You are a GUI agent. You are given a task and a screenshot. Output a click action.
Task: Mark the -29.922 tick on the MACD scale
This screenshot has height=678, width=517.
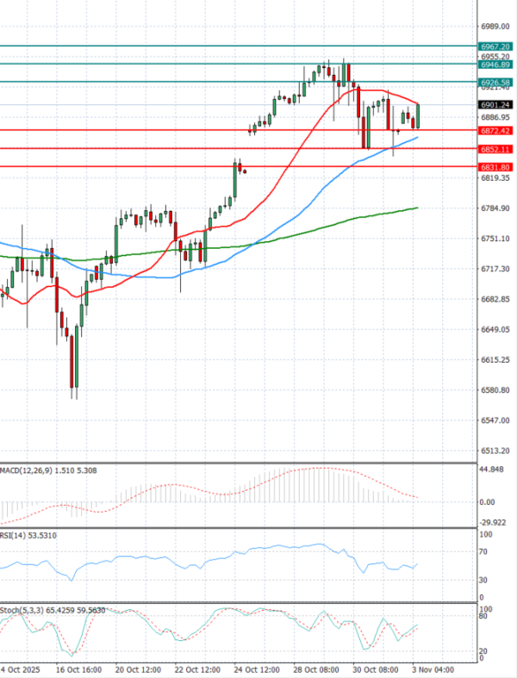[494, 522]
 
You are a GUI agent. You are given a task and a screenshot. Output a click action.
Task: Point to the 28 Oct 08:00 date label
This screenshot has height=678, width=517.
[315, 669]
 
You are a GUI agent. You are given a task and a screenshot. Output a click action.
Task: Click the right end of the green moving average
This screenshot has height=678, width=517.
[418, 208]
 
